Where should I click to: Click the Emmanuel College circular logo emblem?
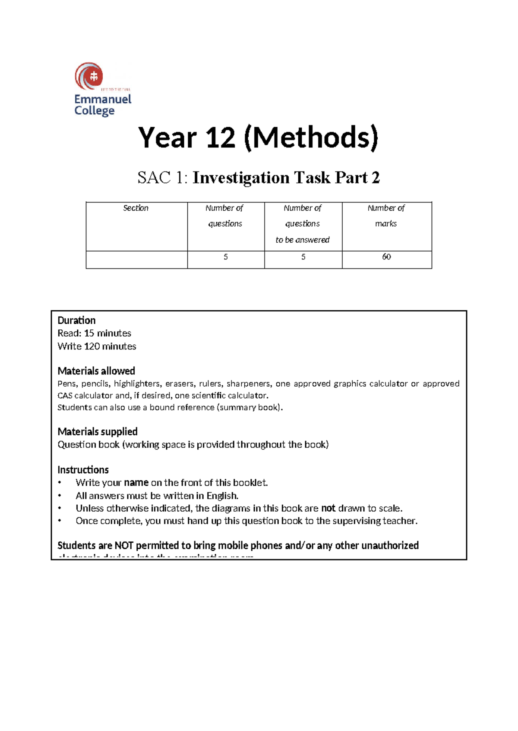point(89,77)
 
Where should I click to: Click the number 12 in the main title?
point(221,138)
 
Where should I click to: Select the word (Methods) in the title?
point(311,138)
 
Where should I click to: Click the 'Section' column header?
point(136,208)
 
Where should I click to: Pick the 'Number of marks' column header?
point(386,216)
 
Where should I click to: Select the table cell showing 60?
point(386,257)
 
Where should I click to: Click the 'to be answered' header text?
point(303,240)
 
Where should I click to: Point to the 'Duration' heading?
point(76,320)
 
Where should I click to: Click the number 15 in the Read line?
point(89,333)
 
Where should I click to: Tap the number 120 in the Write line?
point(92,346)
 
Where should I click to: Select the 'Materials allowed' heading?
point(96,371)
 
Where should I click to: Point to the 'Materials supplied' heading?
point(98,431)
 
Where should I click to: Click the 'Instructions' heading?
point(83,469)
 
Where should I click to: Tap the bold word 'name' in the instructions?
point(136,482)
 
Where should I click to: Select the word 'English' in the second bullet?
point(222,496)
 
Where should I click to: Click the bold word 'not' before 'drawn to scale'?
point(328,508)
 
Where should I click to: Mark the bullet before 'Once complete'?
point(60,521)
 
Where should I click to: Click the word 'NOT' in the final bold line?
point(124,545)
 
